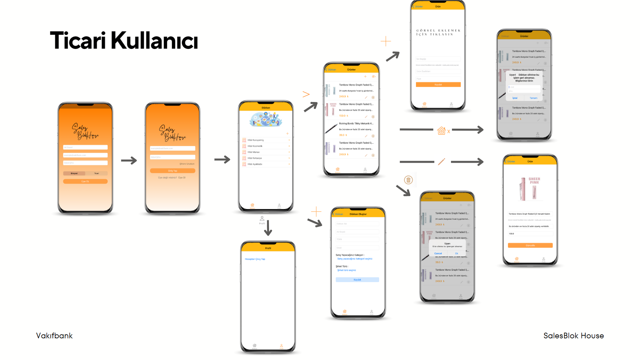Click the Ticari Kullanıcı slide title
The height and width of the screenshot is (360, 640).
(x=124, y=41)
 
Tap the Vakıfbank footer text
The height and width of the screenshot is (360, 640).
(x=54, y=336)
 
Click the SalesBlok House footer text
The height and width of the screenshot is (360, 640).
(x=573, y=336)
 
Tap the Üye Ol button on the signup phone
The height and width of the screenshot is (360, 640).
(x=85, y=181)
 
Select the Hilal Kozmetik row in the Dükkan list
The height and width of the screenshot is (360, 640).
(x=255, y=146)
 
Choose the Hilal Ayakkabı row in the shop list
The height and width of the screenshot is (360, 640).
(x=255, y=164)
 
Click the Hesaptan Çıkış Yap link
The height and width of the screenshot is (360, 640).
(x=255, y=259)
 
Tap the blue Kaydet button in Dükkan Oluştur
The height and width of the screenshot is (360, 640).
(x=357, y=280)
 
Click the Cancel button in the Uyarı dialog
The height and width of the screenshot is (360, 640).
(x=438, y=253)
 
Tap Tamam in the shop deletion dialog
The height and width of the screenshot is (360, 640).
(x=533, y=98)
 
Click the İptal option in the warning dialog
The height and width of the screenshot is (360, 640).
(x=515, y=98)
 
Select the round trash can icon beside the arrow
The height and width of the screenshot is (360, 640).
(x=408, y=180)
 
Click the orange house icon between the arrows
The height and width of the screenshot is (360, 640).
(x=441, y=130)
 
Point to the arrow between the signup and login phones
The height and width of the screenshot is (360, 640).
(x=129, y=160)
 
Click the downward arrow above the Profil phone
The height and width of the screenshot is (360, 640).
(x=268, y=228)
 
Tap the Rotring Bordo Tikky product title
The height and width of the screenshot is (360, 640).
(x=356, y=123)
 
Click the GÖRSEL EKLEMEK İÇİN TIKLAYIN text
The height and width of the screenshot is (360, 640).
(x=438, y=32)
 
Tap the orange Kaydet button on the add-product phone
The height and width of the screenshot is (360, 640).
(x=438, y=85)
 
